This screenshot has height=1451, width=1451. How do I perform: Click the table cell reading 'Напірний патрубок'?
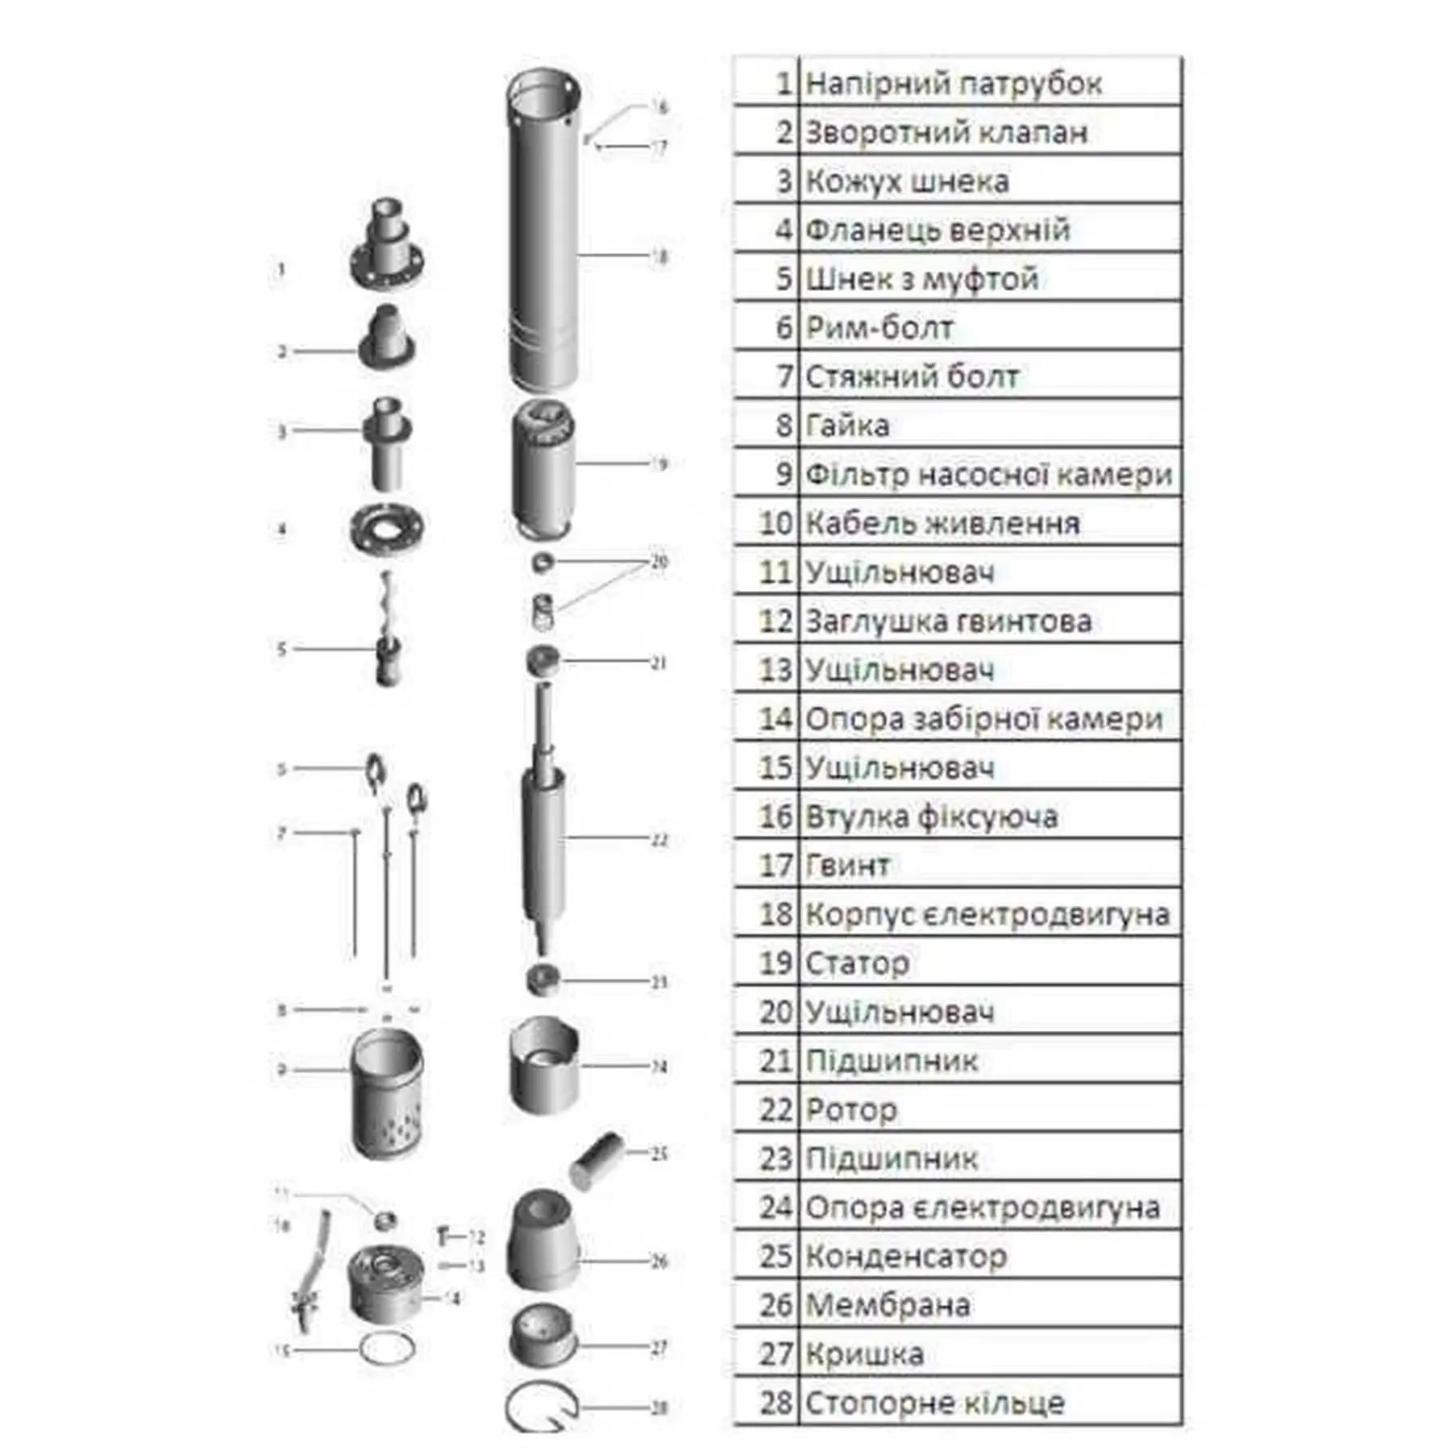(x=953, y=84)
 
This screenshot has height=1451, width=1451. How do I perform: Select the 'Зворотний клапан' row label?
(x=946, y=133)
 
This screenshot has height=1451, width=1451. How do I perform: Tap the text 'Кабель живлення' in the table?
(x=942, y=524)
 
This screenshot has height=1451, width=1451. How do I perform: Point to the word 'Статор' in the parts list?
(x=858, y=963)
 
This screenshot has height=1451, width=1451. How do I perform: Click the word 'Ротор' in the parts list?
(x=851, y=1110)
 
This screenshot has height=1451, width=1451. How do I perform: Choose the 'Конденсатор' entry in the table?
(x=906, y=1257)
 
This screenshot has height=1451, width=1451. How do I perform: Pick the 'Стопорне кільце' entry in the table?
(x=935, y=1403)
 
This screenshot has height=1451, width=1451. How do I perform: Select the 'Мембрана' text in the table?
(x=888, y=1305)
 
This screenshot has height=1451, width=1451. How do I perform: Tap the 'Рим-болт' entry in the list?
(x=879, y=329)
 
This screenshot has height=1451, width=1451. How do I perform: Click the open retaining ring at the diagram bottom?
(x=542, y=1407)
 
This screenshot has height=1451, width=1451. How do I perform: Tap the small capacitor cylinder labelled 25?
(x=597, y=1159)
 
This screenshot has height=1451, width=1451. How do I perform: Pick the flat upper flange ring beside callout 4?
(x=388, y=528)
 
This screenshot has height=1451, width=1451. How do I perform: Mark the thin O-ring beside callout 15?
(x=387, y=1349)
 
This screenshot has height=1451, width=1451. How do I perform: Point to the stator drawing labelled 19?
(x=543, y=468)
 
